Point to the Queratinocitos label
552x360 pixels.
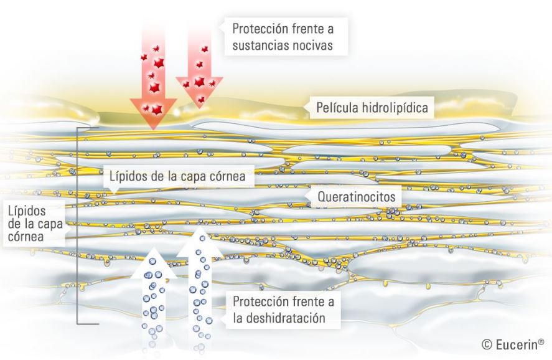pyautogui.click(x=357, y=196)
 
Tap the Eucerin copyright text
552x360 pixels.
pyautogui.click(x=513, y=344)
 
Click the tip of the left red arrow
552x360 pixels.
pyautogui.click(x=153, y=130)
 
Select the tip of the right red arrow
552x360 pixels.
pyautogui.click(x=200, y=107)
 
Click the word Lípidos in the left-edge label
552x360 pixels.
pyautogui.click(x=27, y=211)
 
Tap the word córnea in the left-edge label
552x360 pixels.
pyautogui.click(x=26, y=236)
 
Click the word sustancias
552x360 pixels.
pyautogui.click(x=261, y=45)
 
